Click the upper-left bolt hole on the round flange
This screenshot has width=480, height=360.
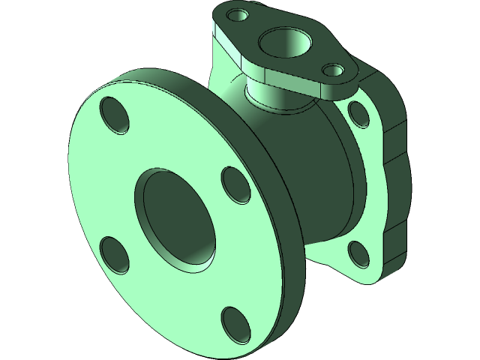tap(114, 115)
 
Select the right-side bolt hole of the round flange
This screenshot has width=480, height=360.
tap(237, 184)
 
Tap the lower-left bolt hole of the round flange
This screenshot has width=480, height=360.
tap(114, 254)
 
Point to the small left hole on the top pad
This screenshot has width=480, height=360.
tap(239, 15)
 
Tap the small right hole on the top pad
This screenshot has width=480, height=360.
tap(333, 71)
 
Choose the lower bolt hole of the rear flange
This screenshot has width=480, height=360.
tap(358, 253)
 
